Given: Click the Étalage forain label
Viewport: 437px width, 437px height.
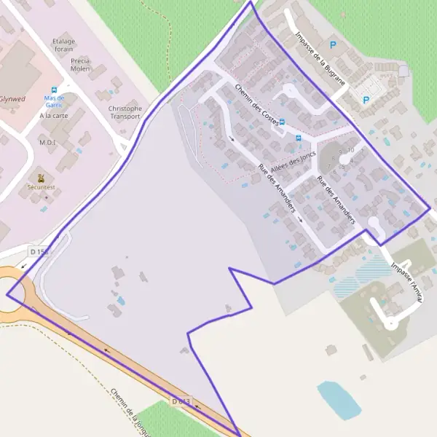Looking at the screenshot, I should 64,45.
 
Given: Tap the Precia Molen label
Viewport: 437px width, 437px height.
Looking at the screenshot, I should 80,65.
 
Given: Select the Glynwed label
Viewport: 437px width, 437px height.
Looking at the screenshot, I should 12,98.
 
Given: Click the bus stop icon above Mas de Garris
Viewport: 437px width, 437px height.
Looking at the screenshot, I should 54,91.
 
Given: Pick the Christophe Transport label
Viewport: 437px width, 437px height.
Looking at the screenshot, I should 125,112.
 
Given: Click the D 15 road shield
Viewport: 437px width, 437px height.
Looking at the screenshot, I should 39,251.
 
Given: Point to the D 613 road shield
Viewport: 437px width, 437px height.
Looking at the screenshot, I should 181,401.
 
